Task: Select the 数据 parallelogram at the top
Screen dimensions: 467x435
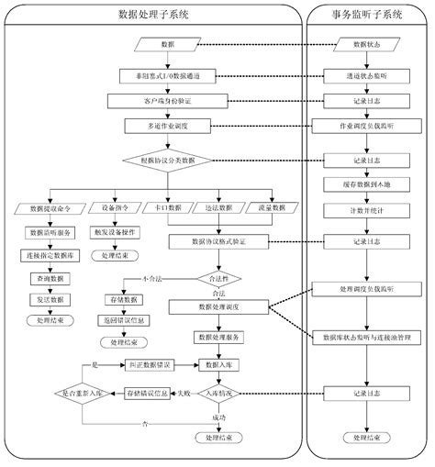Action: point(168,44)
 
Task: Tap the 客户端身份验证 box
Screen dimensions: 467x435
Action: point(166,100)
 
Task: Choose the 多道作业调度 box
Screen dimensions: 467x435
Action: point(166,128)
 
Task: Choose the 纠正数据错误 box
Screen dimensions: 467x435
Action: point(150,365)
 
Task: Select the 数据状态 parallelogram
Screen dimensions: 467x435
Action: point(365,44)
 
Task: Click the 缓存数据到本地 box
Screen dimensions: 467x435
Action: point(365,183)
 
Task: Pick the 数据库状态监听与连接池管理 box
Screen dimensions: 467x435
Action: point(365,337)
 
